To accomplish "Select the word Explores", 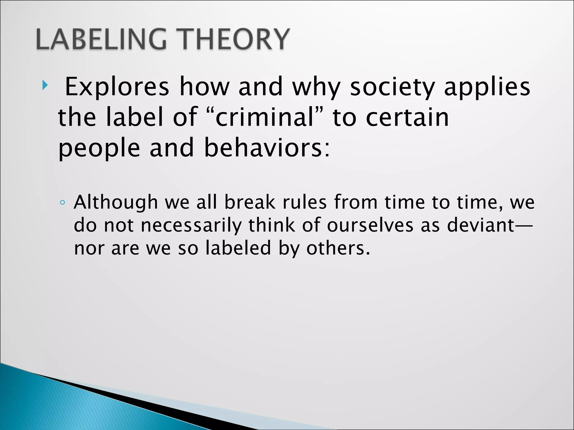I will tap(117, 87).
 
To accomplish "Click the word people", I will tap(99, 148).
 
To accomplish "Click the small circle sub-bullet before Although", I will tap(63, 203).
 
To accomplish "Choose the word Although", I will tap(116, 203).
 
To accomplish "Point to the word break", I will tap(249, 202).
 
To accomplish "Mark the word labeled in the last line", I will tap(238, 248).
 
